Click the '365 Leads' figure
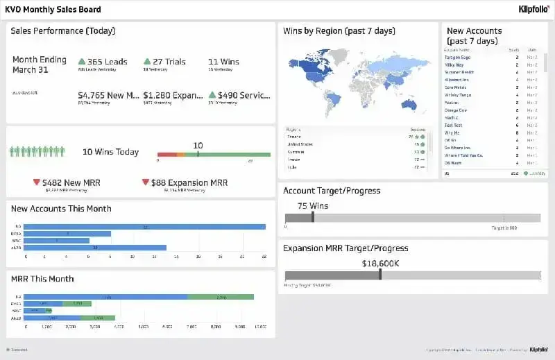[x=103, y=62]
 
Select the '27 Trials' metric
[x=164, y=62]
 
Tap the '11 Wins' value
[x=223, y=62]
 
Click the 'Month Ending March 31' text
[x=40, y=65]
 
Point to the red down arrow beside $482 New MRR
[x=37, y=182]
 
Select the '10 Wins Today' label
[x=110, y=152]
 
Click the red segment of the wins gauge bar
[x=166, y=155]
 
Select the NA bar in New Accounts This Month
[x=146, y=227]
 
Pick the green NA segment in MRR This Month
[x=221, y=297]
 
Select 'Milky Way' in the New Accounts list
[x=455, y=65]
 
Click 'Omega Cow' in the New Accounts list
[x=456, y=110]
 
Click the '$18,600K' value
[x=380, y=264]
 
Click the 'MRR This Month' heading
[x=42, y=279]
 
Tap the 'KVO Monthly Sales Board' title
[x=53, y=10]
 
